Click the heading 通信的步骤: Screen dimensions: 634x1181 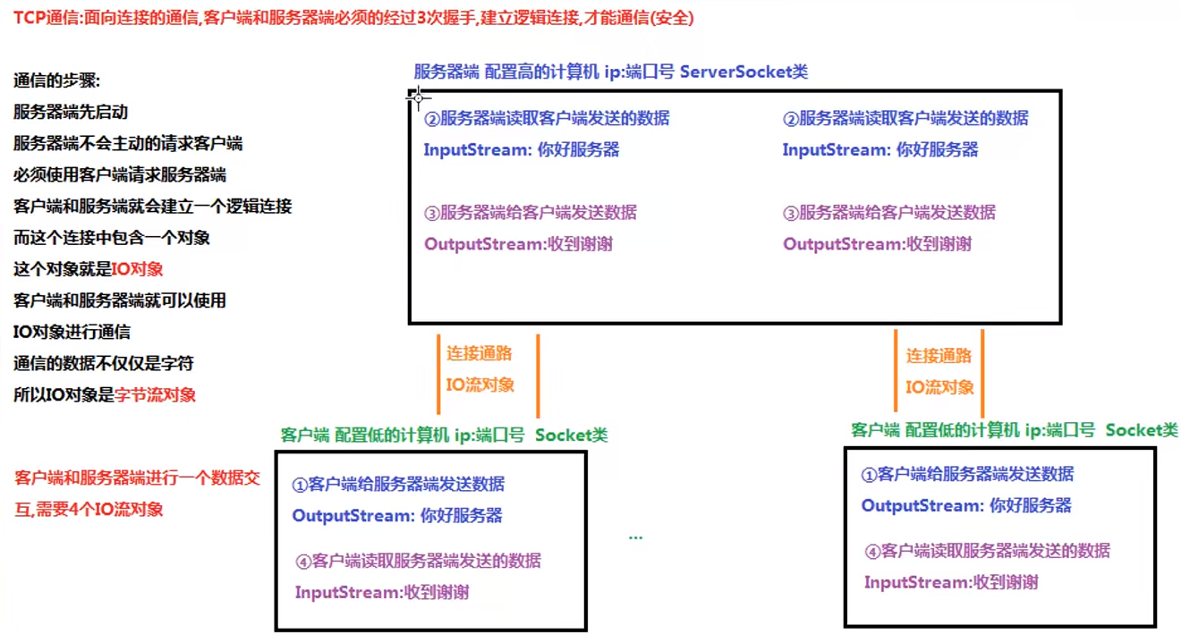(x=57, y=81)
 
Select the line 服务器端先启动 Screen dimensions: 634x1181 (x=71, y=113)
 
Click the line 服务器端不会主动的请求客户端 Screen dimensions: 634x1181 (x=128, y=144)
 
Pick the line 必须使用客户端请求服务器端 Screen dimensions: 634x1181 (x=120, y=175)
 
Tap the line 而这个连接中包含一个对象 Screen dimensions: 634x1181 (x=112, y=238)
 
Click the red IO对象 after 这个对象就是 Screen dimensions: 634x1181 (x=138, y=269)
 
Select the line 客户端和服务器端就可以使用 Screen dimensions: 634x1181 (x=120, y=300)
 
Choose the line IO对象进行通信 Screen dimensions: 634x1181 (x=72, y=332)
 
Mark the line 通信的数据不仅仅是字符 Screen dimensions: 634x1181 (x=104, y=363)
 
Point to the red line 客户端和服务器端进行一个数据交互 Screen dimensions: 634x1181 (x=137, y=478)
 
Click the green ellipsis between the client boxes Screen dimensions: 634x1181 (x=635, y=537)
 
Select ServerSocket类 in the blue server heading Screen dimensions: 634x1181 (x=744, y=72)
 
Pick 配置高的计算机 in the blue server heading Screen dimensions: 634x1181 (x=541, y=72)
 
